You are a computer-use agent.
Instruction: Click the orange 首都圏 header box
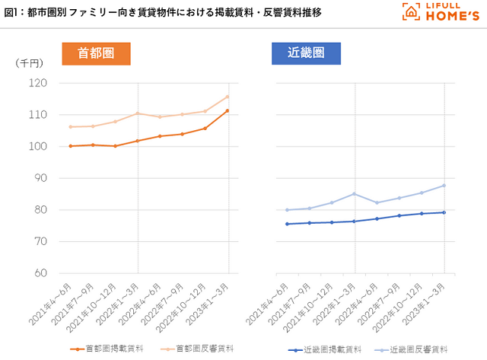(96, 53)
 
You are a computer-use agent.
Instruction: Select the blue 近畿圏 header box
(306, 53)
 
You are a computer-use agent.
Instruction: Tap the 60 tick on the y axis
(40, 273)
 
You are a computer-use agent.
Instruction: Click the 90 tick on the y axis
(40, 178)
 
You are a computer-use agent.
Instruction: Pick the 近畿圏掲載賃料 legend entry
(318, 350)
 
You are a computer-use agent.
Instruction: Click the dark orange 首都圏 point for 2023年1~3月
(228, 111)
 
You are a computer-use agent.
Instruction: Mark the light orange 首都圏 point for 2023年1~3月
(228, 97)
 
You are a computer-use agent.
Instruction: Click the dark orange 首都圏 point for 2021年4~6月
(70, 146)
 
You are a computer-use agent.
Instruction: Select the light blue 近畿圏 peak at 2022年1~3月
(355, 193)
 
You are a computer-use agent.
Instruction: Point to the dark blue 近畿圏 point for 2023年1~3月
(444, 212)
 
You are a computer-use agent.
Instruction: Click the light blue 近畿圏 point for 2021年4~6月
(287, 210)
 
